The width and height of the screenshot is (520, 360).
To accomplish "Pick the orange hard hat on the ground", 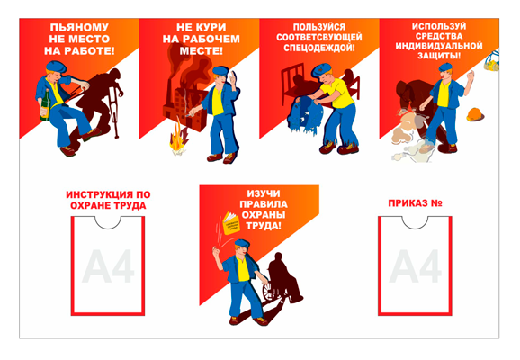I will pyautogui.click(x=475, y=114).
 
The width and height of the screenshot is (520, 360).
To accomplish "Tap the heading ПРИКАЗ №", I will pyautogui.click(x=414, y=202).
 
